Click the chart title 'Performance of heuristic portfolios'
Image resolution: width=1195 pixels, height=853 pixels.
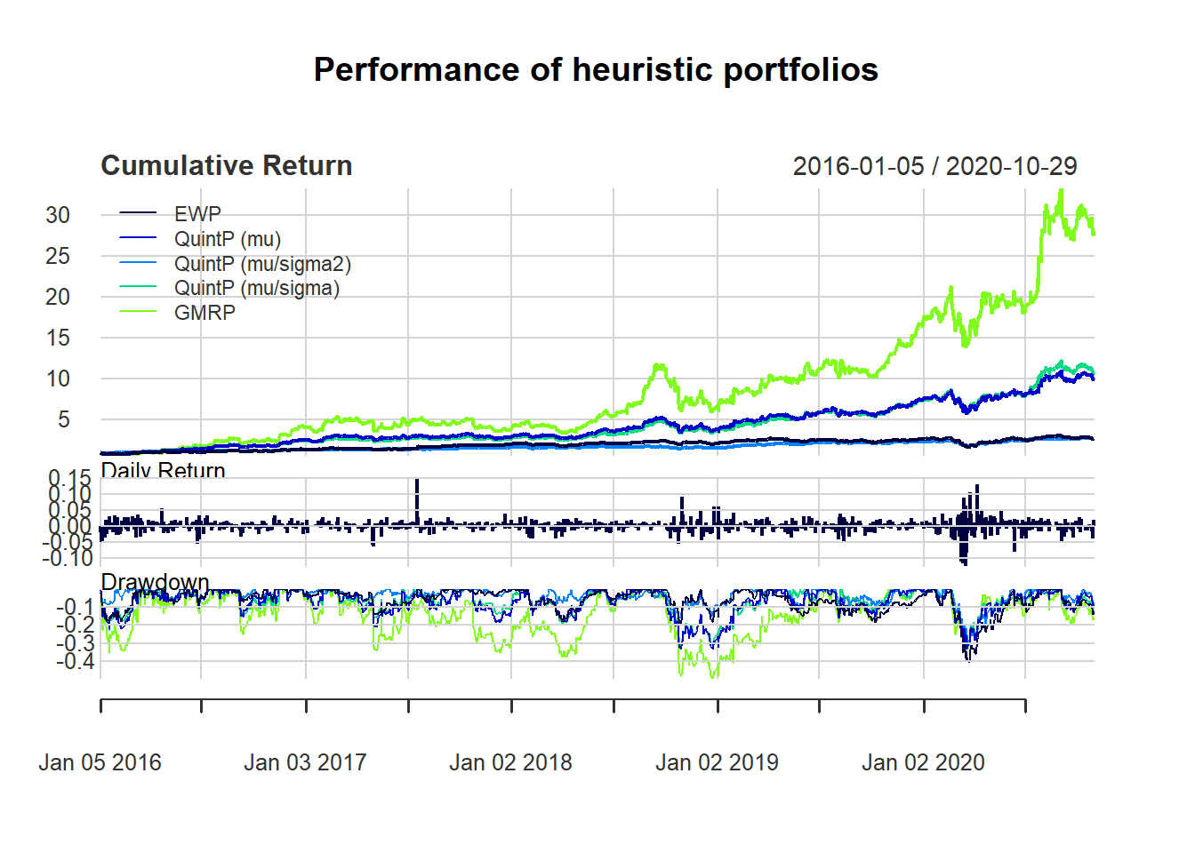(596, 69)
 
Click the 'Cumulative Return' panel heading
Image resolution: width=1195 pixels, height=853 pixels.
(227, 165)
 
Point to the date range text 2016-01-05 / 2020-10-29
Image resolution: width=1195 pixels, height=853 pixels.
(934, 166)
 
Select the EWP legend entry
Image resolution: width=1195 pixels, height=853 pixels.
(197, 214)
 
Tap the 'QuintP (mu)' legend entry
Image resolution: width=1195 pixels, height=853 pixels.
(227, 239)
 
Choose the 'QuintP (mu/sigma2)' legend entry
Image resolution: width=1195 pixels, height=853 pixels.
(262, 264)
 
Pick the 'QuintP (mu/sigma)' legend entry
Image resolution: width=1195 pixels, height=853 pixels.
(256, 288)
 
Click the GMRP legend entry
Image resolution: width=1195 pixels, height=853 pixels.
(205, 313)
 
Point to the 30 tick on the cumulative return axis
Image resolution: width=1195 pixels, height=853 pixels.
(58, 215)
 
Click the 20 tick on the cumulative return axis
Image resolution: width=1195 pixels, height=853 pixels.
(58, 297)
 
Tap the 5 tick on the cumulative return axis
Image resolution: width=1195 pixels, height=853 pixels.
(63, 419)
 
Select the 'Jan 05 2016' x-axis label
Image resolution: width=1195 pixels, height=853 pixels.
(100, 762)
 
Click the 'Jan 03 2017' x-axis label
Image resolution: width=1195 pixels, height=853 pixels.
(305, 762)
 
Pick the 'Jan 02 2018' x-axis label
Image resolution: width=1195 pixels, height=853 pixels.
(510, 762)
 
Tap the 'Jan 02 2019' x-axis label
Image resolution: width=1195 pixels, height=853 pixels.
(717, 762)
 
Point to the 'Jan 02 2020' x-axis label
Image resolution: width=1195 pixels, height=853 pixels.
(923, 762)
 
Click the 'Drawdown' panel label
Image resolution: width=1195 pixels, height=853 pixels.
(155, 582)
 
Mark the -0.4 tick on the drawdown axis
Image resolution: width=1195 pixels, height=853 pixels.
(76, 661)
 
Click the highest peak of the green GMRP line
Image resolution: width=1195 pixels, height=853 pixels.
(1060, 190)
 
